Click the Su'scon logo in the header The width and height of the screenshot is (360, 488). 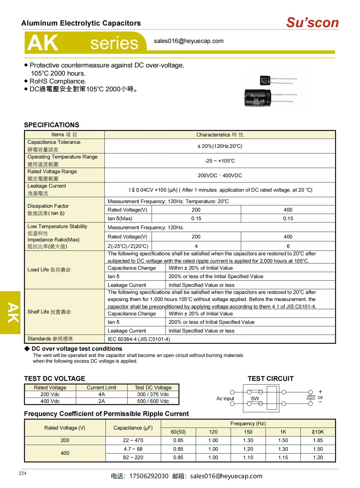(312, 23)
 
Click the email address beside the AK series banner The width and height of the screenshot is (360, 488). (189, 41)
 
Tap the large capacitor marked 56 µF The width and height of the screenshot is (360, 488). (257, 98)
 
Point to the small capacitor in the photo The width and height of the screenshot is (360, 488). (265, 80)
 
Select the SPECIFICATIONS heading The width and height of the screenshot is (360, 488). (51, 125)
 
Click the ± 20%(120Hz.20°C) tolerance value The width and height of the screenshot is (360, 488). (220, 146)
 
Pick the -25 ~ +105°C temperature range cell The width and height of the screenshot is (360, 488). (220, 161)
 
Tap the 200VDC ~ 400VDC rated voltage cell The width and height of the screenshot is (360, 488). (220, 176)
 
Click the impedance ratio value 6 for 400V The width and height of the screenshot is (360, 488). (288, 246)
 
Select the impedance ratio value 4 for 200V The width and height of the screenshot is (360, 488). (196, 246)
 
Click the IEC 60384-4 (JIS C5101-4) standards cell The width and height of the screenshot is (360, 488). (139, 339)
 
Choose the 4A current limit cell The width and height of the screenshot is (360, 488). (101, 394)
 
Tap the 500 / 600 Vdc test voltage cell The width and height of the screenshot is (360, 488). (153, 401)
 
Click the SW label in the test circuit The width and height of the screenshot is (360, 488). (255, 399)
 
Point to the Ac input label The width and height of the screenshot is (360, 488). (225, 399)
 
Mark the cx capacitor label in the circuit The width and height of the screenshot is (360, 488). (320, 397)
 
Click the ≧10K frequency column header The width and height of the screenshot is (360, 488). (318, 432)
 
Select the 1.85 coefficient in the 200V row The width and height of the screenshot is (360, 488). (318, 440)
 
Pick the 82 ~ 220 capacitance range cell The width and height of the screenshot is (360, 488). (133, 458)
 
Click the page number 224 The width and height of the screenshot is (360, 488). (23, 473)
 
